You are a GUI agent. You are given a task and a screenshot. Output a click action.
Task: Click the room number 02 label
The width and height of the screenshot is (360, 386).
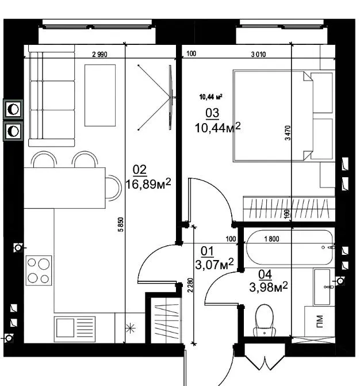click(140, 170)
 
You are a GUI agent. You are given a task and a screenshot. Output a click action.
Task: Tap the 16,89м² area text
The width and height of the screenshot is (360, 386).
click(148, 184)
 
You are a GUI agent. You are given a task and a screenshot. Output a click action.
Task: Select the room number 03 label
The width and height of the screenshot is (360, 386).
click(212, 113)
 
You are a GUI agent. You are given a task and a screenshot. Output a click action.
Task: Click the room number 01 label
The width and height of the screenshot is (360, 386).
click(207, 251)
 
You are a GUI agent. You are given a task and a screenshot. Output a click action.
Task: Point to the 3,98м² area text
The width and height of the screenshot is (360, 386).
click(269, 287)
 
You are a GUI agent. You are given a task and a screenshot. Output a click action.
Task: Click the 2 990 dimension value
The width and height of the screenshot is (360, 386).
click(99, 54)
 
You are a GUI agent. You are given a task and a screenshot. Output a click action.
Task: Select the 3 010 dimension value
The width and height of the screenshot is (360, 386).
click(258, 54)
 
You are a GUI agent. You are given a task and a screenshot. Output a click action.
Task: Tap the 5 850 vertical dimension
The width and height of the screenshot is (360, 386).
click(121, 224)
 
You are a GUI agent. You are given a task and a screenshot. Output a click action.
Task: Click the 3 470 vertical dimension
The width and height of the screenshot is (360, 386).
click(288, 133)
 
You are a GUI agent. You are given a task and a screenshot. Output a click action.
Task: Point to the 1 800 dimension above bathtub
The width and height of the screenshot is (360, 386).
click(271, 239)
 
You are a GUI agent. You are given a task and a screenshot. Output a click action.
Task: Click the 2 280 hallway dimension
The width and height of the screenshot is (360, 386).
click(190, 285)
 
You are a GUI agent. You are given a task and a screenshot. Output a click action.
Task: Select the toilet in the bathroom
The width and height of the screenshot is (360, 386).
click(265, 320)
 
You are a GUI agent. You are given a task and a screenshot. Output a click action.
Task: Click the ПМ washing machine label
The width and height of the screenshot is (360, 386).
click(319, 322)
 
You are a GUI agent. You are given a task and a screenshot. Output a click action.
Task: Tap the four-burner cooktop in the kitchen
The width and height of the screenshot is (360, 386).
click(39, 270)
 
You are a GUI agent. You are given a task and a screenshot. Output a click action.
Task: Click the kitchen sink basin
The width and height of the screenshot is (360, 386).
click(65, 328)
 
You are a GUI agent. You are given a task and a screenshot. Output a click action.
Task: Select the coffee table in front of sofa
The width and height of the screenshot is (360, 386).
click(100, 95)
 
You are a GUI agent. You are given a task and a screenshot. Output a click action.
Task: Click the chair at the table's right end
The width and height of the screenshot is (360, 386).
click(113, 188)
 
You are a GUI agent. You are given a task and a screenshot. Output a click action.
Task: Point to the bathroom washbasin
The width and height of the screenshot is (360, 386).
click(322, 287)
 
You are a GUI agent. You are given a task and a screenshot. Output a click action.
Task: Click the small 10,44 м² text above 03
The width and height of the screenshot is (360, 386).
click(210, 97)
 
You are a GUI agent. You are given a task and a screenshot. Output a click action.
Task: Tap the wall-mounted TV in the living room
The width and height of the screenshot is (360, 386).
click(170, 97)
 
